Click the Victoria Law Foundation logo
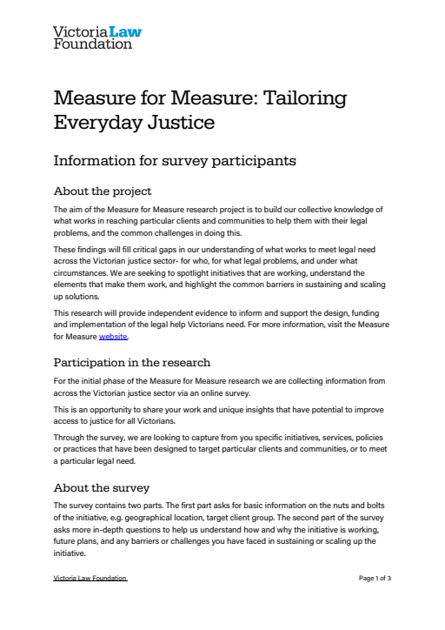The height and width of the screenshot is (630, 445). [x=96, y=37]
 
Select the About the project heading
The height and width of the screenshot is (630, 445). [x=103, y=191]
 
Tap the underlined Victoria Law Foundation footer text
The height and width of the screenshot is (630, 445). [x=90, y=578]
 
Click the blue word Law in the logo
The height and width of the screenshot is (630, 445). [x=123, y=32]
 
